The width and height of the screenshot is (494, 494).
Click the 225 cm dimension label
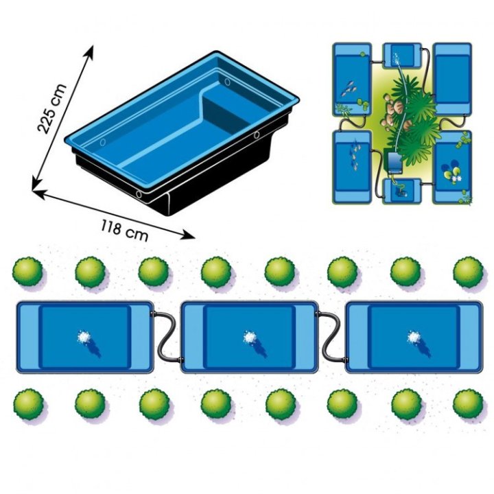pos(52,108)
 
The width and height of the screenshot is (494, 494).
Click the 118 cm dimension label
pos(124,231)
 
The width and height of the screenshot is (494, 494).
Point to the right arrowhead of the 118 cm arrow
pos(189,235)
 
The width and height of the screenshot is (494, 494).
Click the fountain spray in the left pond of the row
pos(84,337)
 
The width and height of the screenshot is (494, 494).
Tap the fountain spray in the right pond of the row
pos(413,337)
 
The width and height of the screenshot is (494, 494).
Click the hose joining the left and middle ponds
pos(167,336)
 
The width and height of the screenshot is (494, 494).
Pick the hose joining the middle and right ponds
pos(331,336)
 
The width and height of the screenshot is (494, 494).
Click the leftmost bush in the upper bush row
pos(27,272)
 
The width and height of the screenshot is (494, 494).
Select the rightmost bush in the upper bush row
pos(468,272)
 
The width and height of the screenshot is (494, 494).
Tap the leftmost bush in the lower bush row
pos(28,404)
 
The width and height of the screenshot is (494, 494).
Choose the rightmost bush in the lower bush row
pos(468,404)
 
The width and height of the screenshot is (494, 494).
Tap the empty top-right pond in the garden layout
pos(452,78)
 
